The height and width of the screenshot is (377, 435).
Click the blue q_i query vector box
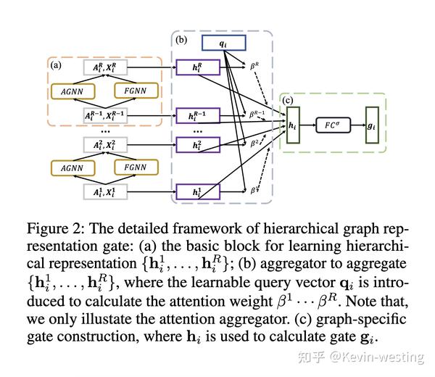(x=223, y=43)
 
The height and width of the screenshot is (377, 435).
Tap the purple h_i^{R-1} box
(x=197, y=116)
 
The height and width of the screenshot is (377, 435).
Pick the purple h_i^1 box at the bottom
(x=197, y=192)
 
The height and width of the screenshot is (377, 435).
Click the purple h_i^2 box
(x=197, y=146)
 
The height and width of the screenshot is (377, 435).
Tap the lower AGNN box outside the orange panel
(x=74, y=167)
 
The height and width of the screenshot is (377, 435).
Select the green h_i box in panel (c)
(x=292, y=125)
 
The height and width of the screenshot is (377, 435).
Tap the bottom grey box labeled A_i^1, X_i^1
(x=104, y=192)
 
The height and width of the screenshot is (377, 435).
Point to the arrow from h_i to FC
(x=310, y=125)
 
